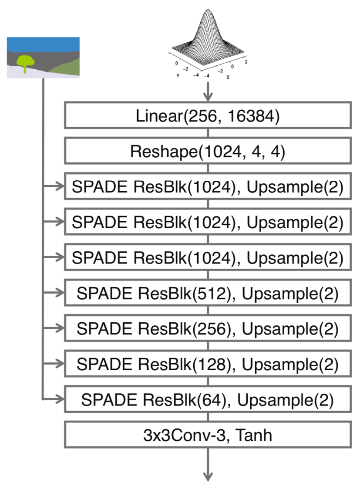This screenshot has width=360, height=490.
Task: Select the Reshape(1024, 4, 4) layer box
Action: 207,152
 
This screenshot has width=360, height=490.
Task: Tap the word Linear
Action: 156,117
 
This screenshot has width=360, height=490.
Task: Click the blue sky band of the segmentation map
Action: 43,44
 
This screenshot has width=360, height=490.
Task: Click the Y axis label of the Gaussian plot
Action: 178,75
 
